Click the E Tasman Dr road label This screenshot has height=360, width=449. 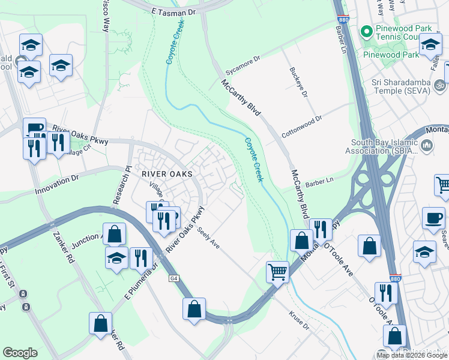(x=173, y=12)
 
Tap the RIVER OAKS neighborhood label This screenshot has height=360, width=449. (x=167, y=173)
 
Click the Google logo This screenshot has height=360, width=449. (x=20, y=352)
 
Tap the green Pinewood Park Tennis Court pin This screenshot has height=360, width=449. (x=365, y=30)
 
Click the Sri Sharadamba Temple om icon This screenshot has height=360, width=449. (x=440, y=85)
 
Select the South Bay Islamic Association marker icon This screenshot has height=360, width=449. (x=427, y=145)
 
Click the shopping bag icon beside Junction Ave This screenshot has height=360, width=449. (x=114, y=233)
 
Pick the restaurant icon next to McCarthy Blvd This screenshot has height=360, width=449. (x=321, y=229)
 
